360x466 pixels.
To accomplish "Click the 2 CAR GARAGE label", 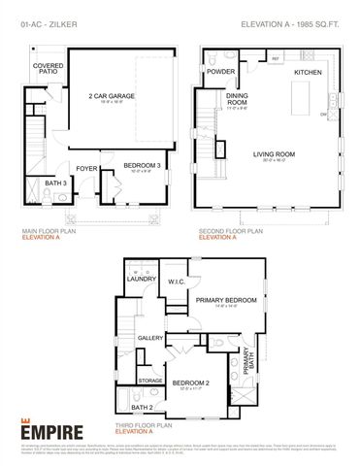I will tap(112, 97).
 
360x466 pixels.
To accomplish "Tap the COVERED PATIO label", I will tap(49, 68).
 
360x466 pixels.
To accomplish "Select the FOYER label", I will tap(87, 167).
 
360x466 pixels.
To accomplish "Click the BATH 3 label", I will tap(55, 182).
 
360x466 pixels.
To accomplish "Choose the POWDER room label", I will tap(220, 72).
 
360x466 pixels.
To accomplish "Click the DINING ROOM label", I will tap(238, 98).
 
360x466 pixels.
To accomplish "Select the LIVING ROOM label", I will tap(275, 153).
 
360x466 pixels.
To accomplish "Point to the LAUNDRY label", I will tap(142, 279).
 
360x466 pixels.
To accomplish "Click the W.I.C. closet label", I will tap(176, 283).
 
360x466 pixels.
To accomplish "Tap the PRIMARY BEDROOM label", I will tap(225, 300).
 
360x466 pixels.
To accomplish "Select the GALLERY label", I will tap(149, 338).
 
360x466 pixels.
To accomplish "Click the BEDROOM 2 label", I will tap(191, 383).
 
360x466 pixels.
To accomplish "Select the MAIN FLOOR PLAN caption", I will tap(49, 230).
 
